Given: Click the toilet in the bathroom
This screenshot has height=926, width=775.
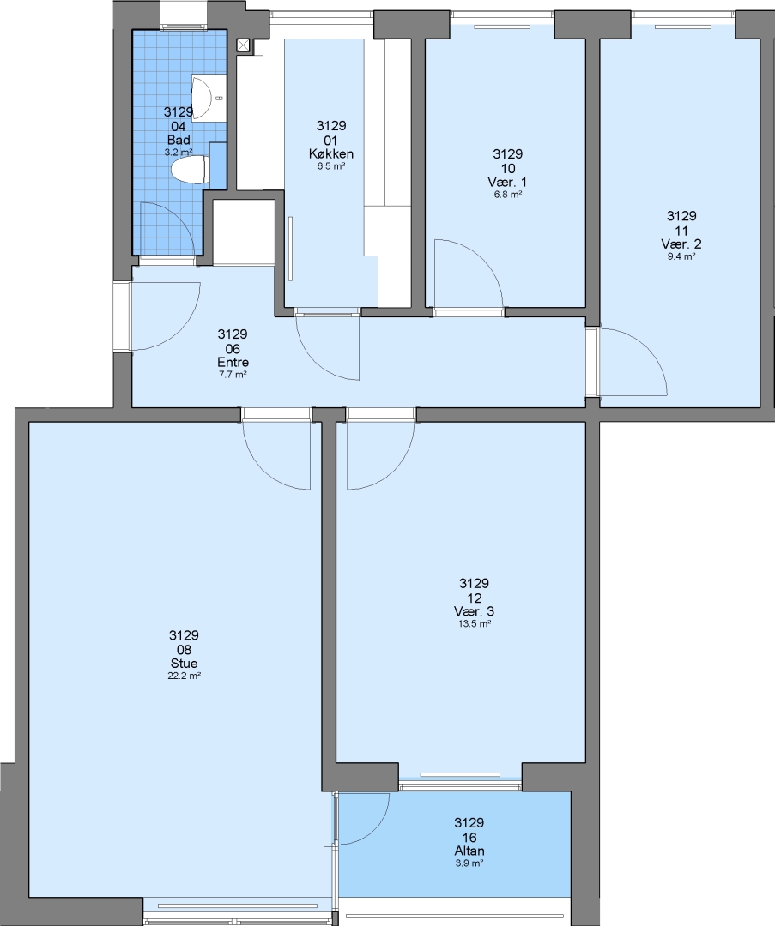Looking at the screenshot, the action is (189, 170).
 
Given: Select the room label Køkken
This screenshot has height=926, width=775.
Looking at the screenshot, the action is (331, 153).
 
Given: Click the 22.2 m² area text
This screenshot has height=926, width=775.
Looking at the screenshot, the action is (185, 676).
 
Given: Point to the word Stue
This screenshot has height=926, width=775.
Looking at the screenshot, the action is (184, 663).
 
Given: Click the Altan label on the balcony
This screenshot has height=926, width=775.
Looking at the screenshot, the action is (469, 851).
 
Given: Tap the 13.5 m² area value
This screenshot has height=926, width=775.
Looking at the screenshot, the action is (475, 623).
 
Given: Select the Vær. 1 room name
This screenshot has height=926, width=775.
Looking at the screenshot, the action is (507, 182).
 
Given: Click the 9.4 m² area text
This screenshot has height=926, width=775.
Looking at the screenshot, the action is (681, 256).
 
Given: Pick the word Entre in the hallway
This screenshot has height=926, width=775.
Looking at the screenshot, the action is (233, 362).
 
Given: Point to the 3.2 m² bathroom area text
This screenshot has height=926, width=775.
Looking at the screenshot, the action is (179, 153).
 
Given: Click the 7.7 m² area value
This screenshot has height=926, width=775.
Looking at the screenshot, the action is (233, 375).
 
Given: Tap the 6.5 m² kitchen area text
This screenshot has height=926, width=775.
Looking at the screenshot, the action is (331, 166).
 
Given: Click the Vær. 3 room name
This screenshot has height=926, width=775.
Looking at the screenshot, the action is (474, 610).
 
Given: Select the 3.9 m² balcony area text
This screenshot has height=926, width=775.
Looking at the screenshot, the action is (469, 863).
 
